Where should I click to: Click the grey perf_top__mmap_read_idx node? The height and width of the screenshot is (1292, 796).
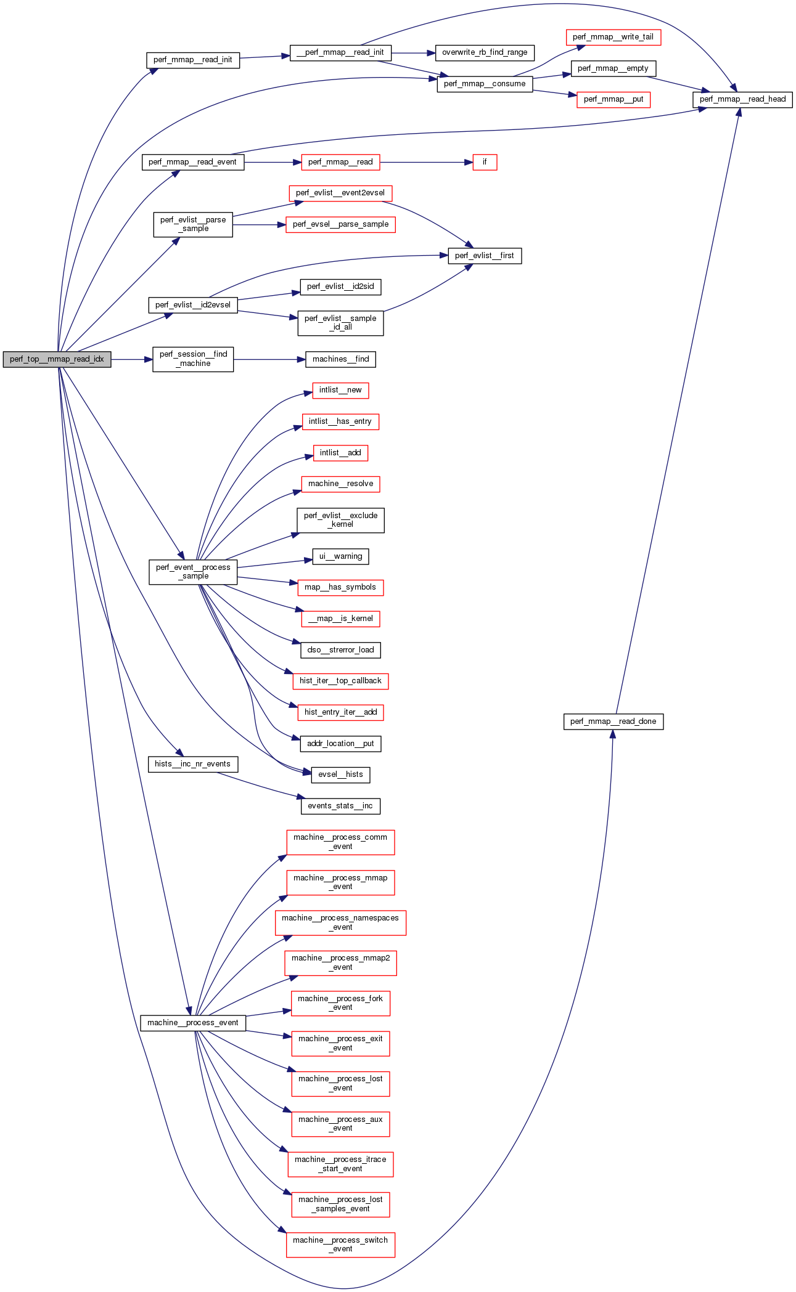(57, 359)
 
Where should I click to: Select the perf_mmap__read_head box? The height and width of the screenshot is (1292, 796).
(742, 99)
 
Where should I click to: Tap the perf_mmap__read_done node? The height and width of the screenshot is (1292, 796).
(613, 721)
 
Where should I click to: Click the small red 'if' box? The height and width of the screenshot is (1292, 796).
(485, 162)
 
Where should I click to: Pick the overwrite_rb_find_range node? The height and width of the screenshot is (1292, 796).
(485, 52)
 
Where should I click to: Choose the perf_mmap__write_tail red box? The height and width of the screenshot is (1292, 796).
(613, 37)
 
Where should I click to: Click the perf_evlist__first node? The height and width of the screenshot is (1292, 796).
(485, 256)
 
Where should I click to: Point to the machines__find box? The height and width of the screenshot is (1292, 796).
(340, 359)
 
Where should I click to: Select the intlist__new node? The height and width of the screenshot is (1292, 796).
(340, 390)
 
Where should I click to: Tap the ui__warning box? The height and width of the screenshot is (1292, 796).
(340, 556)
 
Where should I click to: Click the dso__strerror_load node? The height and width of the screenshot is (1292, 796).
(340, 650)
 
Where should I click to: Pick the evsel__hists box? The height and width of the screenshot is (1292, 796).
(340, 774)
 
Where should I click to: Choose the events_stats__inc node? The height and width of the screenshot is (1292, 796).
(340, 806)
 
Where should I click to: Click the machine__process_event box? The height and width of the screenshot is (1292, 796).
(193, 1023)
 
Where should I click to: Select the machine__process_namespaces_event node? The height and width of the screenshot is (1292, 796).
(340, 922)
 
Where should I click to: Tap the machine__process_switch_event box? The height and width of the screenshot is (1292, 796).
(340, 1245)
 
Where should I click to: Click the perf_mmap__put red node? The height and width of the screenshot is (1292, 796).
(613, 99)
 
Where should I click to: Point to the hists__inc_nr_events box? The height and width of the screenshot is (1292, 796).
(193, 764)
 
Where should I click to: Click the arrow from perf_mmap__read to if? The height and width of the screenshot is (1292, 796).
(426, 162)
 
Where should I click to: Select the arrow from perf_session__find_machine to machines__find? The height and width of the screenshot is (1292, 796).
(269, 359)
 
